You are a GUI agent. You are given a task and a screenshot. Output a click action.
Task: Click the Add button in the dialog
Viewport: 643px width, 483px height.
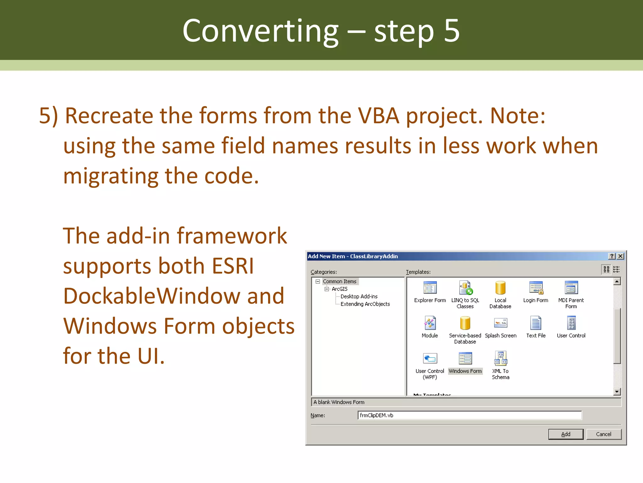[x=565, y=434]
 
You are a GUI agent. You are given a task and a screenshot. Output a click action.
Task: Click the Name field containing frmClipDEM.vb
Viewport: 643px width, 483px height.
[x=469, y=415]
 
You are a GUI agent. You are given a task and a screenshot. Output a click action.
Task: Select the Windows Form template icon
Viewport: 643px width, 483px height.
[x=465, y=358]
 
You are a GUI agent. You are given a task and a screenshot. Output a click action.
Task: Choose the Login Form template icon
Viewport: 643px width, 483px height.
[x=536, y=288]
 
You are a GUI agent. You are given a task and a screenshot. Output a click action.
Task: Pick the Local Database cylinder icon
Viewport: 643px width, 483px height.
[x=500, y=288]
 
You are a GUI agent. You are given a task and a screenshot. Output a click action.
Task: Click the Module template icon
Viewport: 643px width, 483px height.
[x=430, y=323]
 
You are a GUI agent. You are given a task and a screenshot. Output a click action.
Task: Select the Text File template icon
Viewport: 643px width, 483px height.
[x=536, y=323]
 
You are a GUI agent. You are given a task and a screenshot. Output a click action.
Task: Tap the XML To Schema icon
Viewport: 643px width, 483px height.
[x=500, y=358]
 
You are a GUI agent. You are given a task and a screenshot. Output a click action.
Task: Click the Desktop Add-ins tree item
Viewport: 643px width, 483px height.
[x=359, y=296]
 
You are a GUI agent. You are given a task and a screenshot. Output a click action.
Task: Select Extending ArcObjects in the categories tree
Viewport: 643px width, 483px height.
[x=365, y=304]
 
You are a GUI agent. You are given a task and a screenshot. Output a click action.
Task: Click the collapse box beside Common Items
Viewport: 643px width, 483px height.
[x=318, y=281]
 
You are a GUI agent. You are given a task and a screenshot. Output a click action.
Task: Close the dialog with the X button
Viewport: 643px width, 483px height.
[x=620, y=256]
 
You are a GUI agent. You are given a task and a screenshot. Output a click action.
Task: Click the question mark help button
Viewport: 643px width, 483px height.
[x=612, y=256]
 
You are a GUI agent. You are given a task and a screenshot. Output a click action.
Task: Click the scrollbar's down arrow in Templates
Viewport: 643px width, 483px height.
[x=617, y=391]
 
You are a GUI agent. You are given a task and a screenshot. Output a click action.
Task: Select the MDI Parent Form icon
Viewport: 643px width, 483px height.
[x=571, y=288]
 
